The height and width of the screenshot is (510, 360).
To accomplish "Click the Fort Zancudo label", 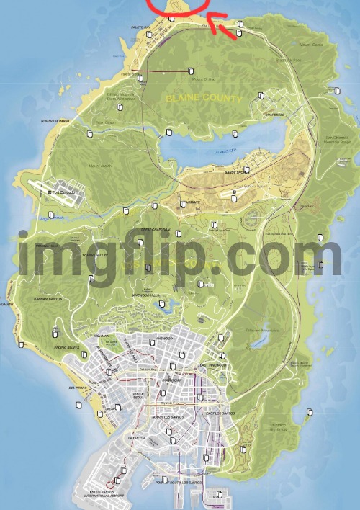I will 60,192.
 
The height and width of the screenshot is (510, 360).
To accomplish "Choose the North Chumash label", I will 55,121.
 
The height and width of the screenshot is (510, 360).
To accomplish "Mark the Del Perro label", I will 78,388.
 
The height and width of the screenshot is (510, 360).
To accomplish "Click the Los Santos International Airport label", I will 105,495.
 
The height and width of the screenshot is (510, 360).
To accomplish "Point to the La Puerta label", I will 135,437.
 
